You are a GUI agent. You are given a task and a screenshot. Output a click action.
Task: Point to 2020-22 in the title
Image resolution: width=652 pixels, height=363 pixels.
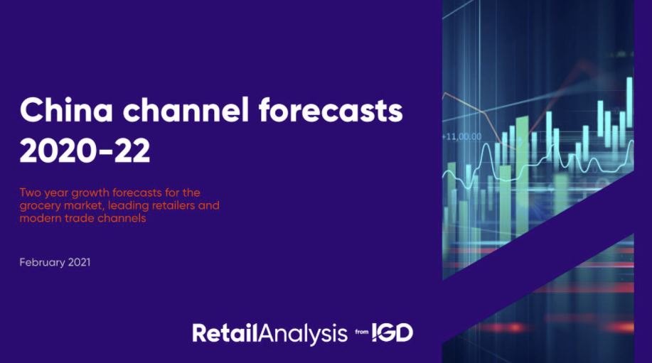click(x=85, y=151)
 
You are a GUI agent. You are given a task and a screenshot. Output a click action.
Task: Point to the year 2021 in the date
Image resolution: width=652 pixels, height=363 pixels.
click(x=79, y=263)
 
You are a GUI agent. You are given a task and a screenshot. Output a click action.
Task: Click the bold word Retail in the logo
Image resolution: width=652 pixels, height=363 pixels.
click(x=225, y=332)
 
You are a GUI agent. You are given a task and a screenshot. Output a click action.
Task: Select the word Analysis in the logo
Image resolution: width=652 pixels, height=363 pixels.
click(x=303, y=334)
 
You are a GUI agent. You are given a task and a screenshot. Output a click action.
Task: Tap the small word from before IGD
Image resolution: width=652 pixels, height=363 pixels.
click(x=362, y=332)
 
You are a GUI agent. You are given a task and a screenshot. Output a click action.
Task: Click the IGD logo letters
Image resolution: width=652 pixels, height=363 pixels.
click(x=392, y=332)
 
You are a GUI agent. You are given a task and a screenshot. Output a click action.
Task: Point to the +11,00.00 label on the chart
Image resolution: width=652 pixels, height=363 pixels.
click(x=461, y=136)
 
